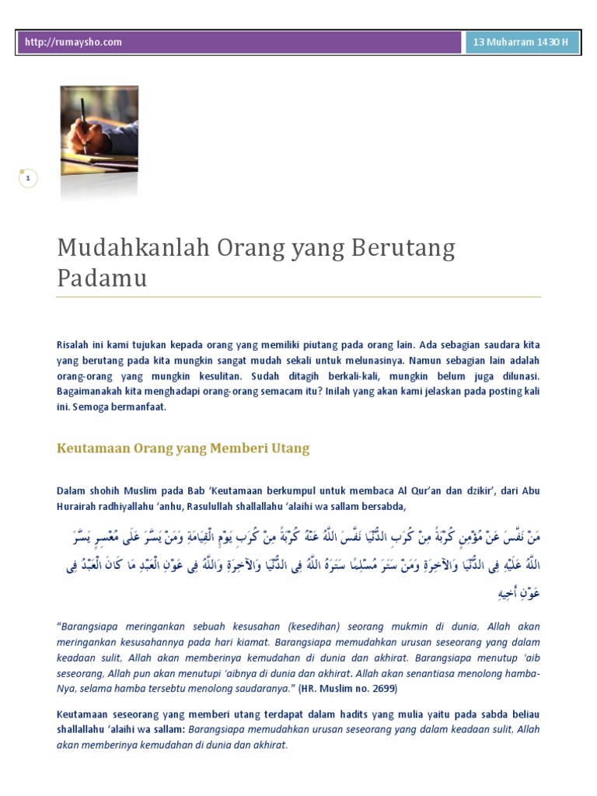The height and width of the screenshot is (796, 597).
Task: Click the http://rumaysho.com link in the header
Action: [x=73, y=43]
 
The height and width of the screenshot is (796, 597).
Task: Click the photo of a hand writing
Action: [x=99, y=132]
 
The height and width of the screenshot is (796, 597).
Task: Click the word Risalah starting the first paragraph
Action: [x=73, y=344]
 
